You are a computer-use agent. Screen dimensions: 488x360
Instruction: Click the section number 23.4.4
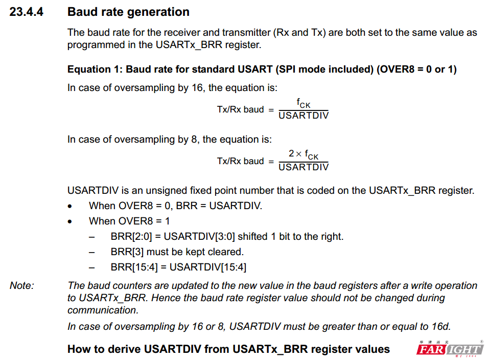pyautogui.click(x=26, y=12)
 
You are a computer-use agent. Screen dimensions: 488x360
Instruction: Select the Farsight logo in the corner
pyautogui.click(x=450, y=349)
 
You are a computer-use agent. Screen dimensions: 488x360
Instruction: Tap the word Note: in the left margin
pyautogui.click(x=22, y=285)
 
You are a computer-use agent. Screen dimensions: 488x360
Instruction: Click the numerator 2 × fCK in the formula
pyautogui.click(x=304, y=154)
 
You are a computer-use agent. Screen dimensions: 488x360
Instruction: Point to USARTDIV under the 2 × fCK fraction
pyautogui.click(x=304, y=167)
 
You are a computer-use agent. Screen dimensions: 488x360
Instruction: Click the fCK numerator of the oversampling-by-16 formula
pyautogui.click(x=304, y=103)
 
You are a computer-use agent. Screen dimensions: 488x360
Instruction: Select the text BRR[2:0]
pyautogui.click(x=131, y=237)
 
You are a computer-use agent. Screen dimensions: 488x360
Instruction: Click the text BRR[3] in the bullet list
pyautogui.click(x=127, y=252)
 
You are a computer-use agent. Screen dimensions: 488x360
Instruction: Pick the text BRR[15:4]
pyautogui.click(x=134, y=267)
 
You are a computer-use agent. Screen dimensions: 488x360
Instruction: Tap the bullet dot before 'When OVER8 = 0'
pyautogui.click(x=69, y=206)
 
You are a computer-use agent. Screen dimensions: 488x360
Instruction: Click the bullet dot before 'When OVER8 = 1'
pyautogui.click(x=69, y=221)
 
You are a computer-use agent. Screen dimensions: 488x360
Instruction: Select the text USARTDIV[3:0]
pyautogui.click(x=199, y=237)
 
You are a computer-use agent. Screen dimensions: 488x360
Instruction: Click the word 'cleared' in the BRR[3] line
pyautogui.click(x=226, y=252)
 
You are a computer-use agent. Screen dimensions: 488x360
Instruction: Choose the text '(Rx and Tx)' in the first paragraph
pyautogui.click(x=299, y=32)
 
